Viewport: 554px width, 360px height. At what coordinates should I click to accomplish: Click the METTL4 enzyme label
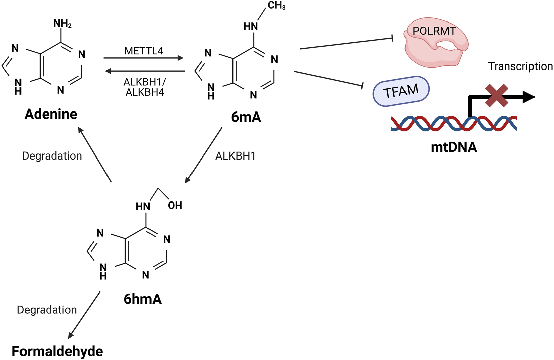click(x=143, y=51)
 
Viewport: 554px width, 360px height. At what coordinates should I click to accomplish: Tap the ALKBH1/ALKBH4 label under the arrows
click(x=144, y=87)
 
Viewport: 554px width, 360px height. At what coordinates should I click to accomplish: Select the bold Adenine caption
click(x=51, y=114)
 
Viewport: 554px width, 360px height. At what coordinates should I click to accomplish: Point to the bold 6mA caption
click(x=246, y=117)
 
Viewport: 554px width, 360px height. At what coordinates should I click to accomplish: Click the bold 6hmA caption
click(x=142, y=299)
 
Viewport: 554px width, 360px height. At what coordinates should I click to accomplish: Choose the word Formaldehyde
click(x=57, y=351)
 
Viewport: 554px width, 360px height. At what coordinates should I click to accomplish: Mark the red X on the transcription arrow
click(x=497, y=96)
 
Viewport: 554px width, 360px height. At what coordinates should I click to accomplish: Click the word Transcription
click(x=520, y=66)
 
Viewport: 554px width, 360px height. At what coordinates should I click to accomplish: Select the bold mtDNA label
click(x=454, y=147)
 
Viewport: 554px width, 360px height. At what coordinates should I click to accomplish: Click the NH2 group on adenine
click(x=62, y=24)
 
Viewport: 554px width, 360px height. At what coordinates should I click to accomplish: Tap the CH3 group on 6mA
click(x=276, y=6)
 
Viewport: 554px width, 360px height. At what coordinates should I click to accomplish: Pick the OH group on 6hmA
click(x=175, y=206)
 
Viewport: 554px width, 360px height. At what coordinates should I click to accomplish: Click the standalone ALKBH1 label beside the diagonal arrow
click(x=235, y=156)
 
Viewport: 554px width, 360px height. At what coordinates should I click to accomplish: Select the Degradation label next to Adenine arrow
click(x=52, y=156)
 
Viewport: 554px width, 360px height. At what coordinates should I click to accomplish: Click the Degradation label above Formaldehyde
click(x=47, y=310)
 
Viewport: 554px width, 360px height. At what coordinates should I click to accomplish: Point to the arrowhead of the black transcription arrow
click(x=529, y=97)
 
